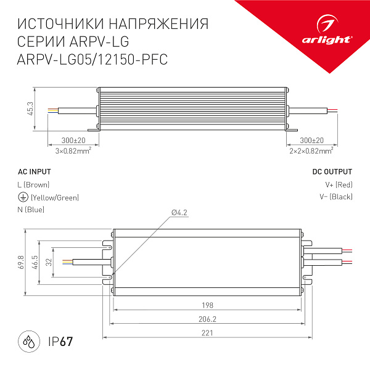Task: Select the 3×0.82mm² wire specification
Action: pos(73,150)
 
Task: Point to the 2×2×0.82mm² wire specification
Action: pos(311,150)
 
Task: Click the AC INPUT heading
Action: pos(35,171)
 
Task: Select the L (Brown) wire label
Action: pos(34,184)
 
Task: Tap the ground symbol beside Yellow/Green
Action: pos(23,197)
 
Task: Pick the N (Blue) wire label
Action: pos(31,210)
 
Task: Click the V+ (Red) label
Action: pos(339,184)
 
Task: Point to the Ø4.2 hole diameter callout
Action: pos(179,213)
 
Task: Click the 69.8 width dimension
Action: pos(21,262)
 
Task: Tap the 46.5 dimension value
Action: pos(36,262)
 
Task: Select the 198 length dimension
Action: pos(207,305)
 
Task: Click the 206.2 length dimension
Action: pos(207,319)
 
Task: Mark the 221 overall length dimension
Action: pos(207,334)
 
